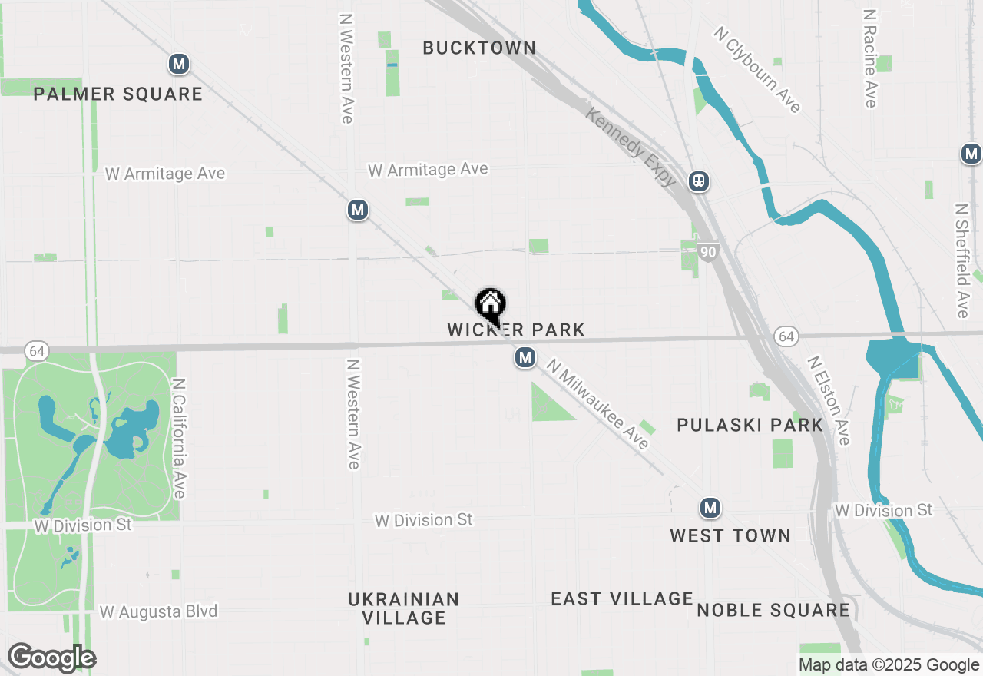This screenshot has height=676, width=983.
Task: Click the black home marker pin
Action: point(490,306)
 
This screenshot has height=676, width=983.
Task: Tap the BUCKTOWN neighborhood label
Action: point(479,48)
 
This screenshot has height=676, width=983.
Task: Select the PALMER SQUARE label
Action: point(118,94)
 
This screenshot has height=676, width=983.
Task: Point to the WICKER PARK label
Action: point(516,330)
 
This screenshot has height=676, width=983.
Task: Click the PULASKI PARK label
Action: point(750,425)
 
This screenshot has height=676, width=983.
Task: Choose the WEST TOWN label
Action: point(730,535)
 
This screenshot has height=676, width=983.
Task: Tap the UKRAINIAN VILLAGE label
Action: point(404,608)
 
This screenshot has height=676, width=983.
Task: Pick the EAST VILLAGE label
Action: point(622,598)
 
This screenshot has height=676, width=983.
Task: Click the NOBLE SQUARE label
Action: point(773,610)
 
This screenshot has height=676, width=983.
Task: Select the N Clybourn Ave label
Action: point(757,69)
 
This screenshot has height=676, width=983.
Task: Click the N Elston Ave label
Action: point(829,400)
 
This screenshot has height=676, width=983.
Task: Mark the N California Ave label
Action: point(180,438)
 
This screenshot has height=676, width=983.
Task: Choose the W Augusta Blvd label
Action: point(159,612)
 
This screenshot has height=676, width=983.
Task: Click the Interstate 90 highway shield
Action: point(708,251)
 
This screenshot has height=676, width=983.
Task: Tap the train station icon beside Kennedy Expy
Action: point(699,181)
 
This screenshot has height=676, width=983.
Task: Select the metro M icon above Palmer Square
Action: point(179,64)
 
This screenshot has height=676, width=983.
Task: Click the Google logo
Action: point(51,658)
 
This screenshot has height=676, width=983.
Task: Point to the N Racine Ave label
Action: point(869,58)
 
